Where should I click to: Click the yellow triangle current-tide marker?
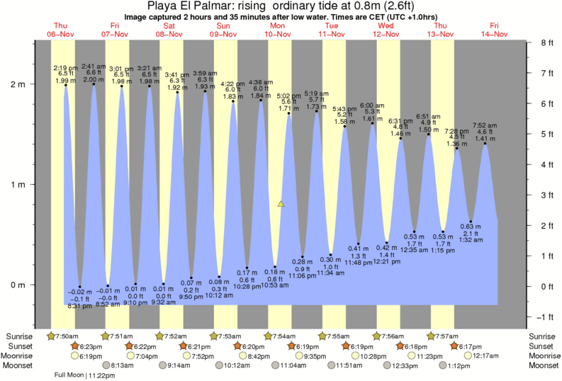point(281,204)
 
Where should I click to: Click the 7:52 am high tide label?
point(485,125)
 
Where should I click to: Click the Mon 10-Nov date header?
point(276,29)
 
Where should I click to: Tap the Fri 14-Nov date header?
point(494,29)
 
